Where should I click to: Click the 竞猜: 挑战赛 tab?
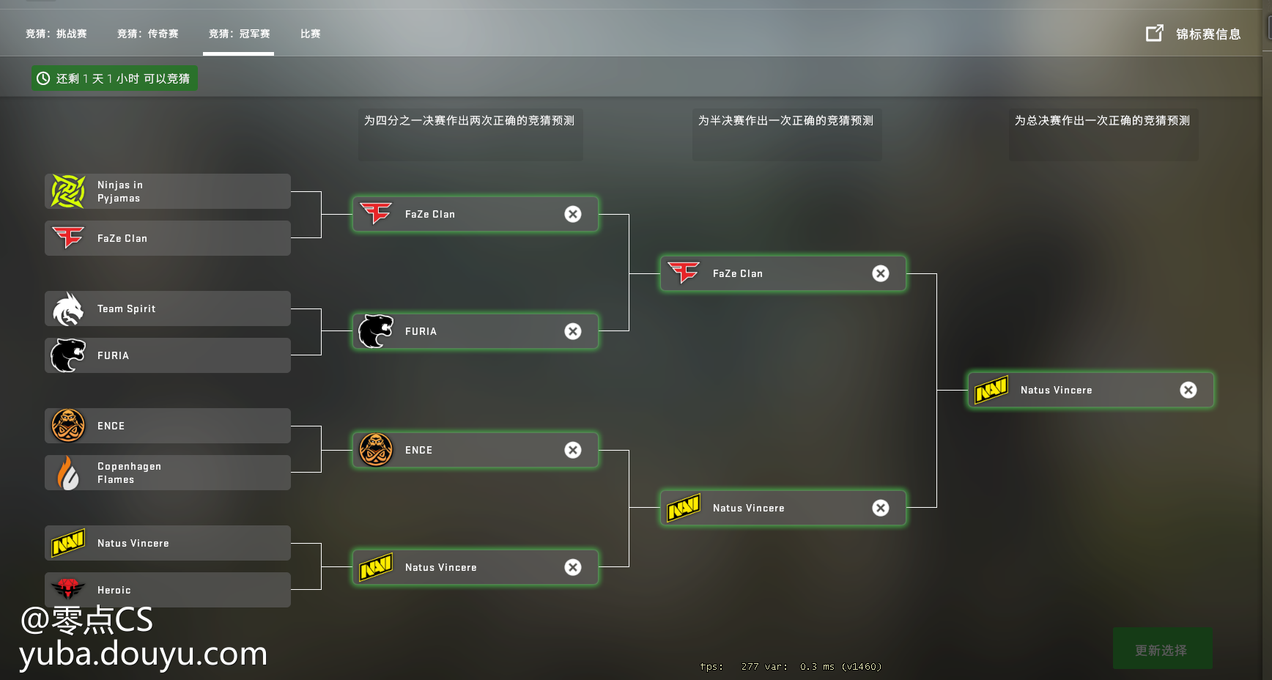tap(56, 34)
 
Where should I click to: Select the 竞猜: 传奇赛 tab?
tap(148, 34)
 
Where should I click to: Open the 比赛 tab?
tap(310, 34)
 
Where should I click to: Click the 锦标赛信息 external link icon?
tap(1154, 33)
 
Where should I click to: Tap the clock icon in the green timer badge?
tap(43, 78)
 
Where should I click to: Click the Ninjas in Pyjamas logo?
tap(68, 191)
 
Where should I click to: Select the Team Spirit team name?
tap(126, 308)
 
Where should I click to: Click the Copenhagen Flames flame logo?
tap(68, 473)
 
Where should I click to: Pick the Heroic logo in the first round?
tap(68, 588)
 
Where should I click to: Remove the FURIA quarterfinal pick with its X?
tap(573, 331)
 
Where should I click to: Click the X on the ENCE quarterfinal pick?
tap(573, 450)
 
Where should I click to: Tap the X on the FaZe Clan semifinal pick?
tap(881, 273)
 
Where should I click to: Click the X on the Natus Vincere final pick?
tap(1188, 390)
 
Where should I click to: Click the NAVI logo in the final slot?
tap(991, 390)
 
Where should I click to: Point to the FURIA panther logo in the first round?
tap(68, 355)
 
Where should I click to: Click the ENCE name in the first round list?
tap(111, 426)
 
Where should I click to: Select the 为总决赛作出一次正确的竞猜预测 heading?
tap(1102, 120)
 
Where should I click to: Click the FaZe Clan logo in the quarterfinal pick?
tap(377, 213)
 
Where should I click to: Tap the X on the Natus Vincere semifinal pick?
tap(881, 508)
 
